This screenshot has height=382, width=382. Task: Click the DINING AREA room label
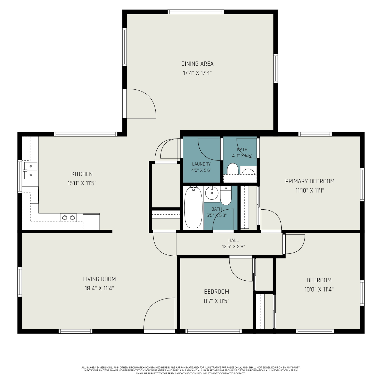click(197, 64)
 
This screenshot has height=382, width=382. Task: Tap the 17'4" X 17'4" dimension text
click(197, 73)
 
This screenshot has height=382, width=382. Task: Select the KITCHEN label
click(82, 174)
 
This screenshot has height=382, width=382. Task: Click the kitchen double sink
click(31, 170)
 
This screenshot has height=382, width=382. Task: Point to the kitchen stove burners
click(69, 218)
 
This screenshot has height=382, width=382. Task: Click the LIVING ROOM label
click(100, 279)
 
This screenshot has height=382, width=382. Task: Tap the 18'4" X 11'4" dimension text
click(99, 288)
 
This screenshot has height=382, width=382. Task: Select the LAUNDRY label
click(201, 164)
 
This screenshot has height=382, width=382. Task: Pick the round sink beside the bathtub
click(212, 193)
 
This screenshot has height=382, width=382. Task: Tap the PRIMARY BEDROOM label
click(310, 181)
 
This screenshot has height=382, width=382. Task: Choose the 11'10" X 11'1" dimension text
click(310, 190)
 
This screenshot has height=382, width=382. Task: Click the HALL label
click(234, 240)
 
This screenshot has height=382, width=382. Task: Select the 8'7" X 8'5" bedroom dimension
click(216, 301)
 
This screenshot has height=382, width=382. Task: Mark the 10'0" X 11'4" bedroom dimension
click(319, 289)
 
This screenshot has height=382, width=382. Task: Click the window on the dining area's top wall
click(196, 12)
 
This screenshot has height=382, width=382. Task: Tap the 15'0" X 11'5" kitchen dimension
click(82, 183)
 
